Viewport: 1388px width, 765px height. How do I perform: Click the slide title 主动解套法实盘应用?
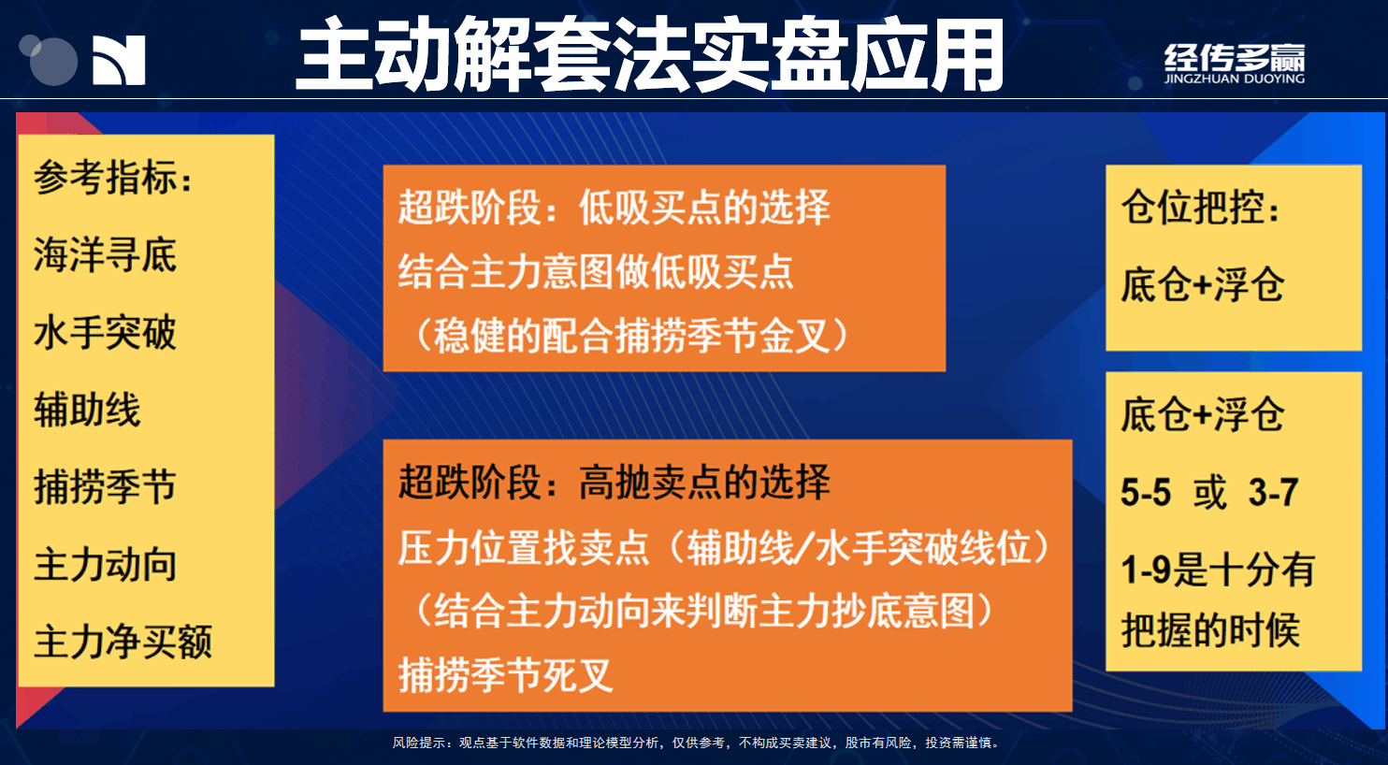coord(649,54)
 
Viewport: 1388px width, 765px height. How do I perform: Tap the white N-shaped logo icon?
coord(119,60)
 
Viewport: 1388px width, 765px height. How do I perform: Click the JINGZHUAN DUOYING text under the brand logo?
coord(1235,79)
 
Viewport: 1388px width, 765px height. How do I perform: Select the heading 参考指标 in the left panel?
coord(106,178)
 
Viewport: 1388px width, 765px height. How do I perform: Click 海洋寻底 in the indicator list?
coord(106,254)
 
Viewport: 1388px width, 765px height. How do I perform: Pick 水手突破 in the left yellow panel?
coord(106,333)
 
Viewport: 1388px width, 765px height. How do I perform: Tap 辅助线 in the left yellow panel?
coord(87,410)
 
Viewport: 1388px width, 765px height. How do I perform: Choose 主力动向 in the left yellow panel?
coord(106,565)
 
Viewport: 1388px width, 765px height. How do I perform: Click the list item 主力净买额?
coord(123,642)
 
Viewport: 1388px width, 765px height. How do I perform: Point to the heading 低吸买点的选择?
coord(704,207)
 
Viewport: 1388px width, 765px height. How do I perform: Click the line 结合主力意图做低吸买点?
coord(596,272)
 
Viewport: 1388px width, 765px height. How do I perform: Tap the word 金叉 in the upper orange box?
coord(795,337)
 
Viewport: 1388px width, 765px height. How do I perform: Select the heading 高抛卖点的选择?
coord(704,482)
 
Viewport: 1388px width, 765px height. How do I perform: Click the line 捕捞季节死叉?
coord(506,674)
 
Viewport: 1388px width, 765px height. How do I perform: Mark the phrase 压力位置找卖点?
coord(524,548)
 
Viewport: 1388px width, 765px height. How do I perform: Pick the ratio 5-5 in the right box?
coord(1147,493)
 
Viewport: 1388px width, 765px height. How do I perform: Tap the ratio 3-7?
coord(1273,493)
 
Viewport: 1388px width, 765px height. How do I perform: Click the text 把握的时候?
coord(1211,630)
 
